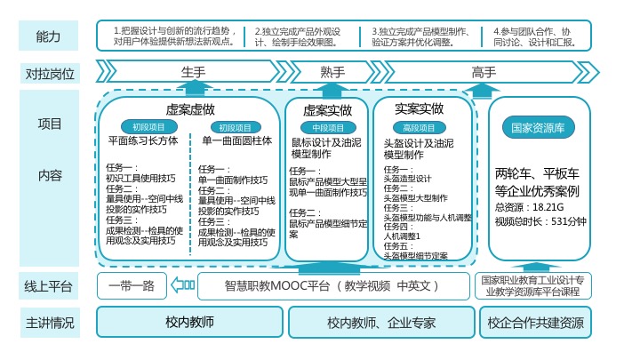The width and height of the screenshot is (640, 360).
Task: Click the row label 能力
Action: (49, 36)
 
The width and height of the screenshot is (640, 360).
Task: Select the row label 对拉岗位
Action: (49, 73)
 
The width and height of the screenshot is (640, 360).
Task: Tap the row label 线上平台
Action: (49, 285)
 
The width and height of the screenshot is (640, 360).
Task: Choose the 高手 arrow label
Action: (484, 72)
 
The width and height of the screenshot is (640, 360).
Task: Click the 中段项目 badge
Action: (328, 128)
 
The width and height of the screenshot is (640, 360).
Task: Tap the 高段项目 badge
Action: (419, 128)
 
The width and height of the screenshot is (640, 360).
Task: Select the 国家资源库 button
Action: (539, 128)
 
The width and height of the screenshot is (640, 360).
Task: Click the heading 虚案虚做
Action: (190, 109)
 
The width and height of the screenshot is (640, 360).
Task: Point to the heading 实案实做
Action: (419, 109)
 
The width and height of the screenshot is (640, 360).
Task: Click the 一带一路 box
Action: (132, 285)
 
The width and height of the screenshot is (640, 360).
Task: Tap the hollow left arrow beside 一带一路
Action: (181, 285)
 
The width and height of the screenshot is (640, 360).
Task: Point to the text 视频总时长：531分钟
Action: (540, 221)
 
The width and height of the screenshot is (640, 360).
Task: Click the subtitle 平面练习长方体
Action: (143, 140)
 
